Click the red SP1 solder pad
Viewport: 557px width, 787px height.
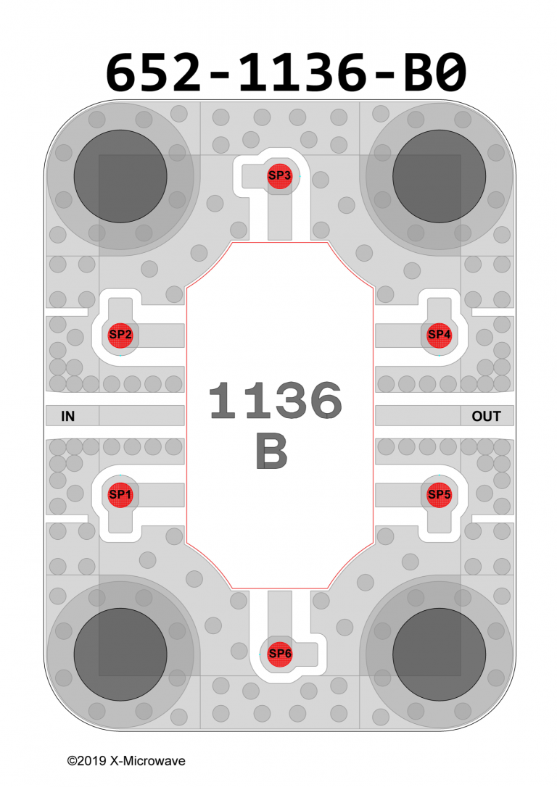[x=120, y=494]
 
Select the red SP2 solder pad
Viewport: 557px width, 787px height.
[x=120, y=334]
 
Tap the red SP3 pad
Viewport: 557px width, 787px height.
[x=280, y=175]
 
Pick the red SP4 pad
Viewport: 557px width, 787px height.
[x=440, y=334]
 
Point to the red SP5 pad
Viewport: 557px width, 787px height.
[x=440, y=494]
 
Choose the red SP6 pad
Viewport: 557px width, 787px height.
[x=280, y=654]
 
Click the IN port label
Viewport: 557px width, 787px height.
[x=68, y=416]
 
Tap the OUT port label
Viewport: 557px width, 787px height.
[x=486, y=416]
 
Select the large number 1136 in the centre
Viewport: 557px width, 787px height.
[x=276, y=401]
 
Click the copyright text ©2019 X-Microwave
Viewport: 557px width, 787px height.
[x=125, y=761]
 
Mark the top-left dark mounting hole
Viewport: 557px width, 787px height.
[x=120, y=176]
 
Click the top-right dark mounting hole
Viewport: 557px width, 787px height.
[x=439, y=176]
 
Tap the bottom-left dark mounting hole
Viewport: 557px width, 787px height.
[x=120, y=654]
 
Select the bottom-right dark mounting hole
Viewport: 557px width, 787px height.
[x=439, y=654]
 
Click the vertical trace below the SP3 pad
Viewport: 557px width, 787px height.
[x=280, y=217]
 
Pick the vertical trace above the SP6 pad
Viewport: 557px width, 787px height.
[x=280, y=612]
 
